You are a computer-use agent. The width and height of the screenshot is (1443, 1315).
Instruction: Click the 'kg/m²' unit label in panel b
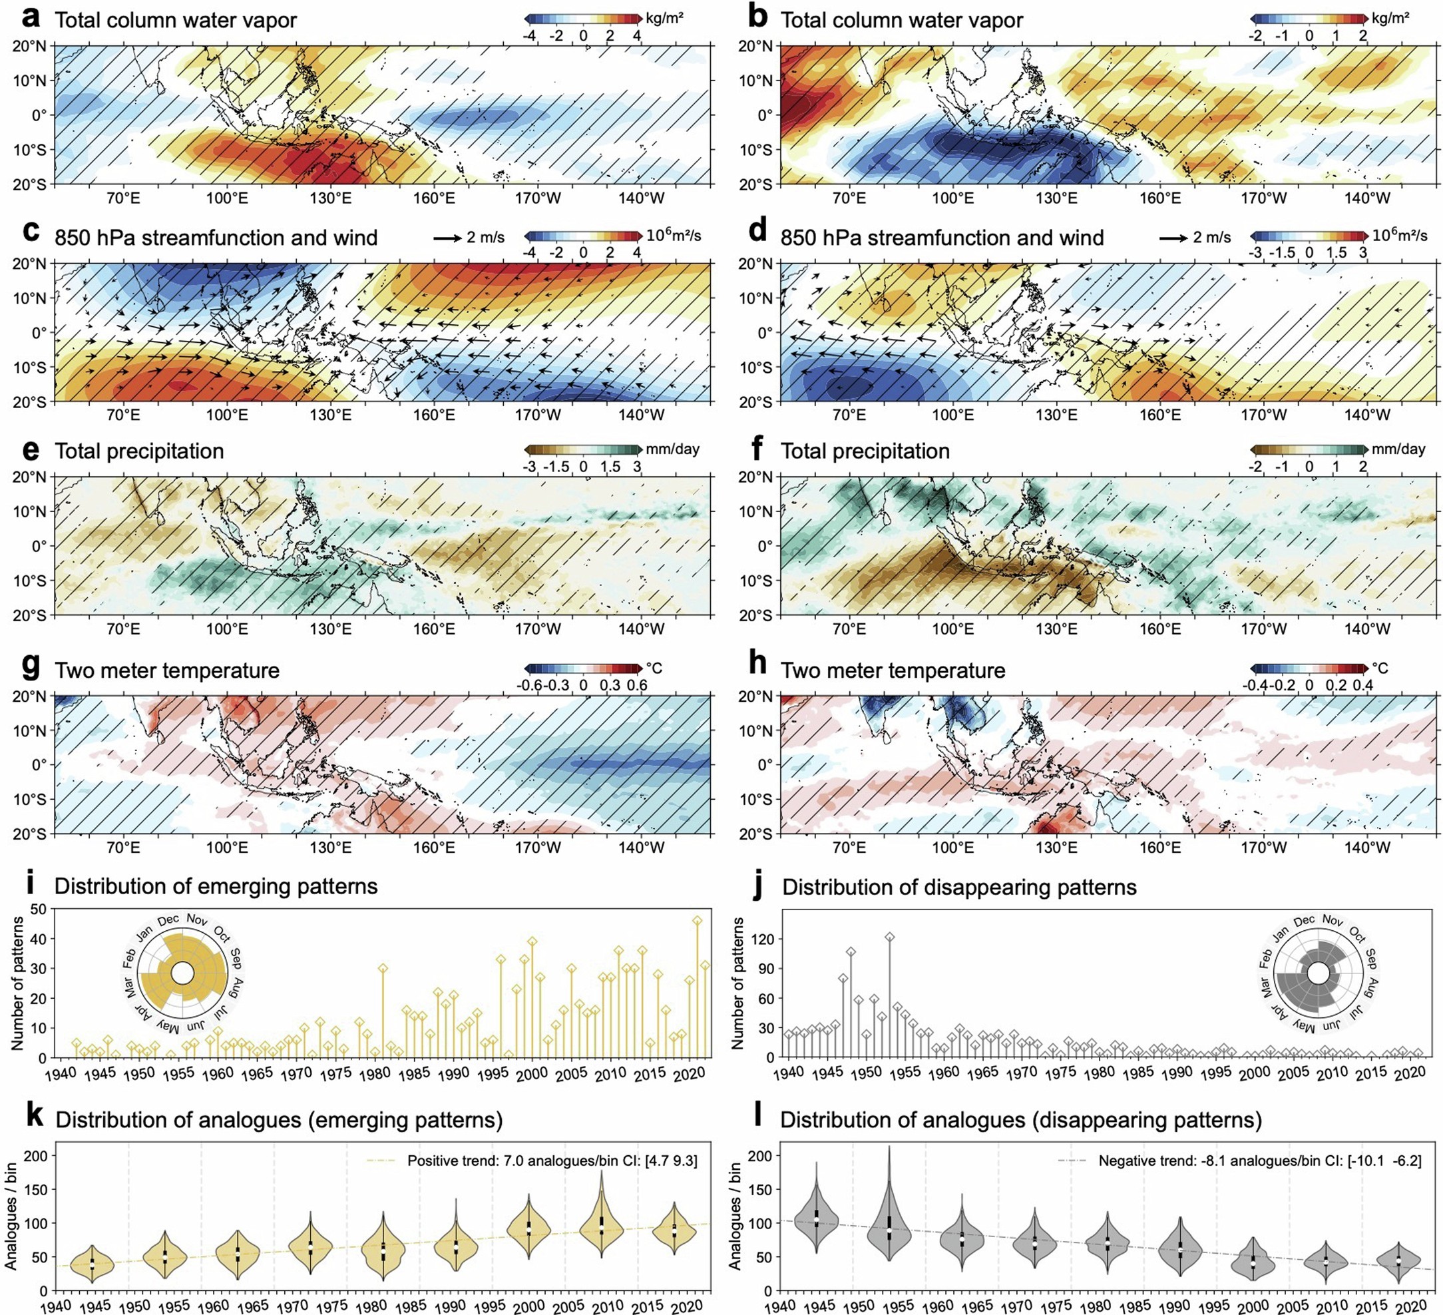point(1390,18)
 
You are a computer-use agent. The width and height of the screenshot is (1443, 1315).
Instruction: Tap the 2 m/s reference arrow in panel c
point(448,237)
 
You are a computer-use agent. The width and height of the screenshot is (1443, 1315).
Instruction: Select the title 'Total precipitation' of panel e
point(139,451)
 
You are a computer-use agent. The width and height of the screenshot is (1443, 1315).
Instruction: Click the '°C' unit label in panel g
point(654,668)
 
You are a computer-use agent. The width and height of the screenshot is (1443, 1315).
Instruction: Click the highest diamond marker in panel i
point(697,921)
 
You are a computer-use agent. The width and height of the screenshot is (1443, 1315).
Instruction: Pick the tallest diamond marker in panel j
point(890,937)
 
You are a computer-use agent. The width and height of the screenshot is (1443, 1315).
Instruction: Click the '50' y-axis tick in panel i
point(39,909)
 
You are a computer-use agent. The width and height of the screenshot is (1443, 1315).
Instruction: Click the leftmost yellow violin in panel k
point(93,1264)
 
